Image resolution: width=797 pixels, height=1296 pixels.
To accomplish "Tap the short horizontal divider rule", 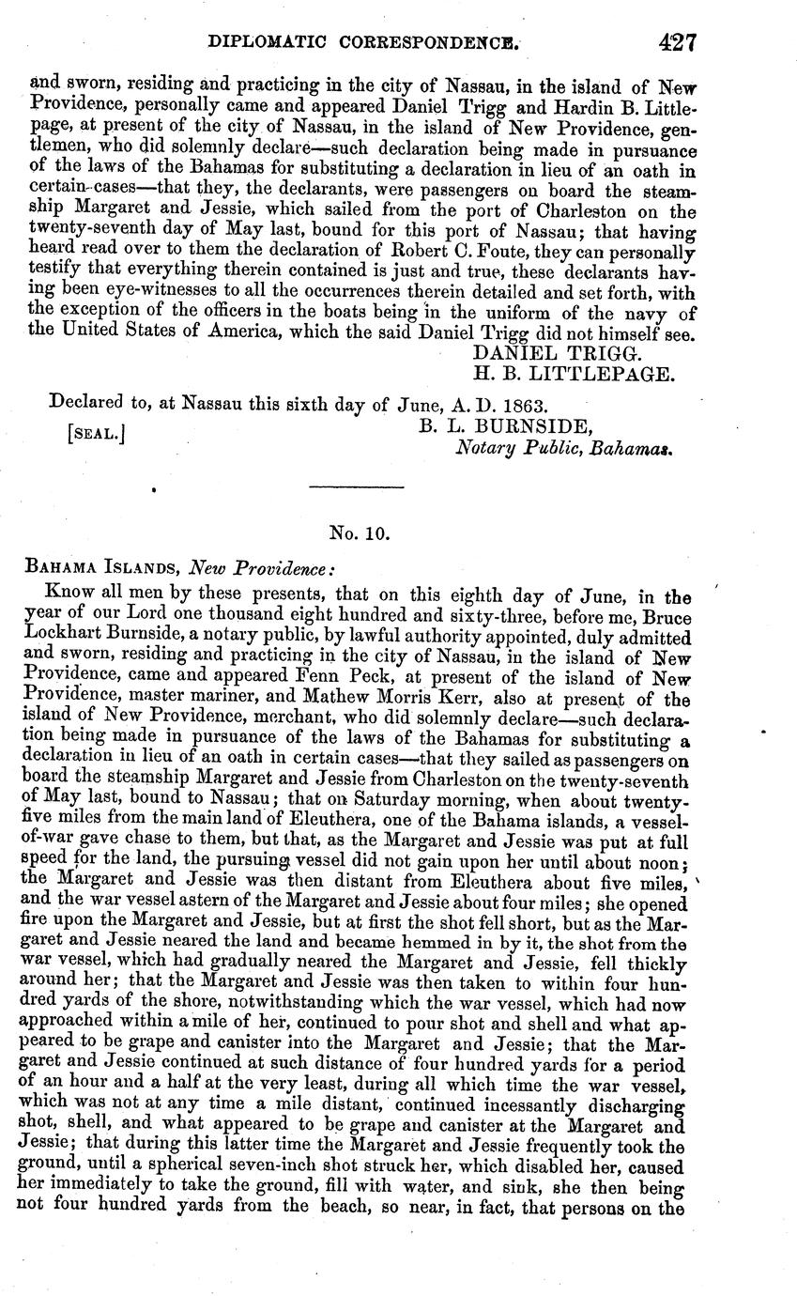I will click(x=356, y=486).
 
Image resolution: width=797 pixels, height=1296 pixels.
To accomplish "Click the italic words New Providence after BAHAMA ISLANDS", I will click(x=261, y=569).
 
